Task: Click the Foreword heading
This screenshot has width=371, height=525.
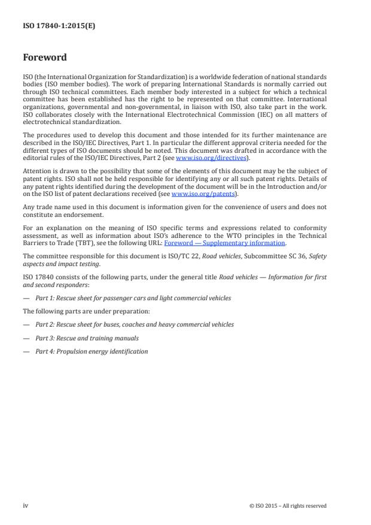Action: (45, 58)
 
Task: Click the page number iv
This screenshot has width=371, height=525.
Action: (26, 505)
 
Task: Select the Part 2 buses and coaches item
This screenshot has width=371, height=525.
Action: (134, 324)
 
